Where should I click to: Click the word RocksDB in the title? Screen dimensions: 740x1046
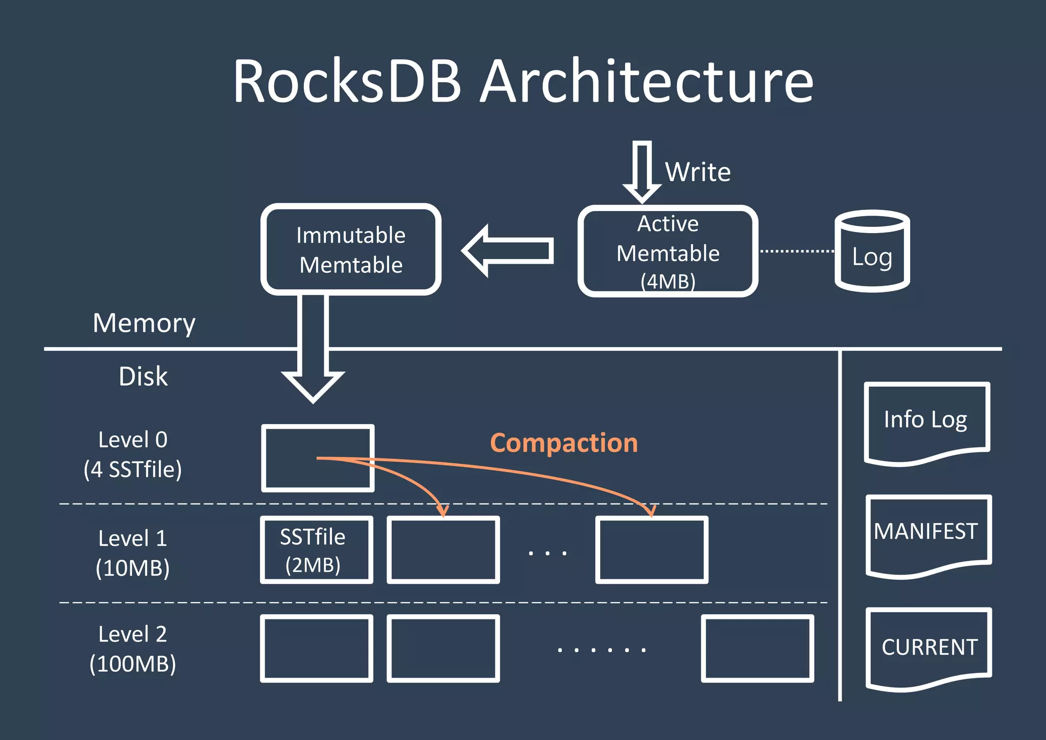pyautogui.click(x=347, y=82)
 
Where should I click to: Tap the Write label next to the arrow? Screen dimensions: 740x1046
pyautogui.click(x=698, y=172)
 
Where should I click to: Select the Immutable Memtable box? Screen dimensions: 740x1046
pyautogui.click(x=351, y=249)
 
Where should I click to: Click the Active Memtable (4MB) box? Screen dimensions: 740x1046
pyautogui.click(x=668, y=251)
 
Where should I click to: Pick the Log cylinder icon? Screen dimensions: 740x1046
pyautogui.click(x=872, y=251)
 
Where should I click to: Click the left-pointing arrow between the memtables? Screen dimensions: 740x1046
pyautogui.click(x=508, y=251)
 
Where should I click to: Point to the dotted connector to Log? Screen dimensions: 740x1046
pyautogui.click(x=796, y=251)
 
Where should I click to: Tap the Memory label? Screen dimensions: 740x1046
pyautogui.click(x=144, y=323)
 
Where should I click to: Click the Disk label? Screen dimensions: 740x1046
pyautogui.click(x=143, y=377)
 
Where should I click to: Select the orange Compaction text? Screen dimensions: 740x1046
pyautogui.click(x=564, y=443)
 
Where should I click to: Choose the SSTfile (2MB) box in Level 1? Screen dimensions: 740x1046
pyautogui.click(x=317, y=550)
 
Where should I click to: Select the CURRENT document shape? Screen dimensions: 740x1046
pyautogui.click(x=929, y=647)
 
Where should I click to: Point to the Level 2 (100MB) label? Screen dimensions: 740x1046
pyautogui.click(x=133, y=649)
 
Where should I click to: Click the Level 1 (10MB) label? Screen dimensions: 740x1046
pyautogui.click(x=133, y=553)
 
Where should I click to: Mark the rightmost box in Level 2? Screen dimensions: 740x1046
pyautogui.click(x=757, y=649)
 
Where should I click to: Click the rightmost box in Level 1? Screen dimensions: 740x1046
pyautogui.click(x=652, y=550)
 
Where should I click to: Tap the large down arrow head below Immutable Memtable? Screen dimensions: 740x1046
pyautogui.click(x=313, y=384)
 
